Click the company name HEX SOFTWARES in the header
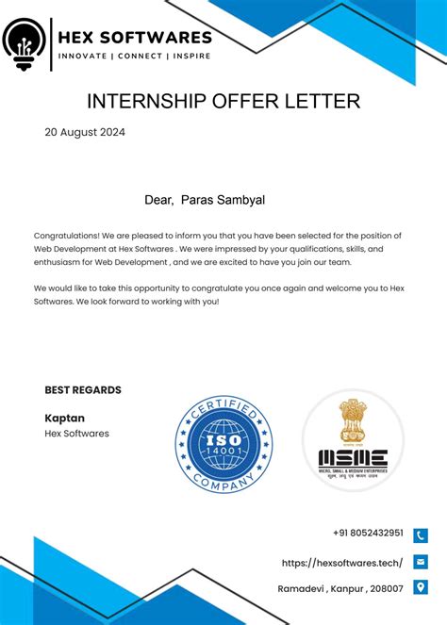point(135,38)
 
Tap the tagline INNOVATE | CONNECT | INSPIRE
point(135,56)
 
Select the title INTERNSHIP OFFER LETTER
point(223,101)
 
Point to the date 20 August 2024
point(85,132)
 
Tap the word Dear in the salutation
point(157,200)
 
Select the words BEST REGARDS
point(83,390)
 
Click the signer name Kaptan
point(64,418)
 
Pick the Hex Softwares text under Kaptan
point(76,434)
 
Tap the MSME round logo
point(353,440)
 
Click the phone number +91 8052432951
point(368,533)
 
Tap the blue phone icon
point(421,535)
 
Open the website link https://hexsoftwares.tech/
point(342,563)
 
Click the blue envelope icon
point(421,562)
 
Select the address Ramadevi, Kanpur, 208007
point(340,588)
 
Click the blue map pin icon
point(421,587)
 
